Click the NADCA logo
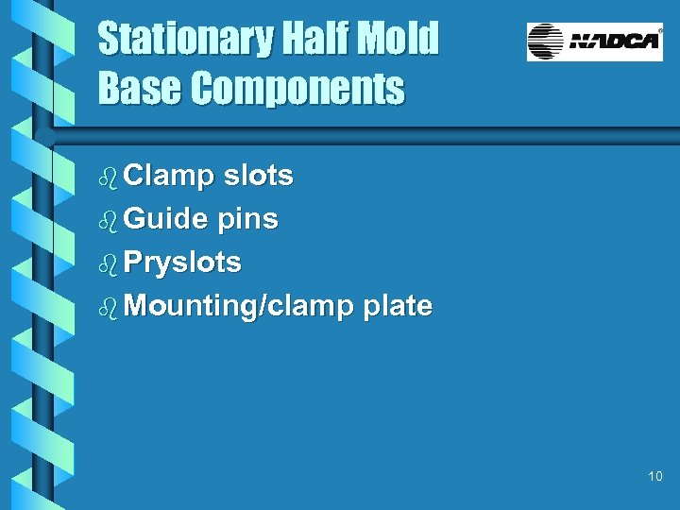[595, 42]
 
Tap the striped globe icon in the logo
[545, 42]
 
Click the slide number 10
[655, 477]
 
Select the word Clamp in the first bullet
[169, 176]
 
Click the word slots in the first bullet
[258, 176]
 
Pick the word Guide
[165, 219]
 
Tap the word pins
[247, 219]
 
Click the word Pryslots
[182, 263]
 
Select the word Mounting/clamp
[239, 306]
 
